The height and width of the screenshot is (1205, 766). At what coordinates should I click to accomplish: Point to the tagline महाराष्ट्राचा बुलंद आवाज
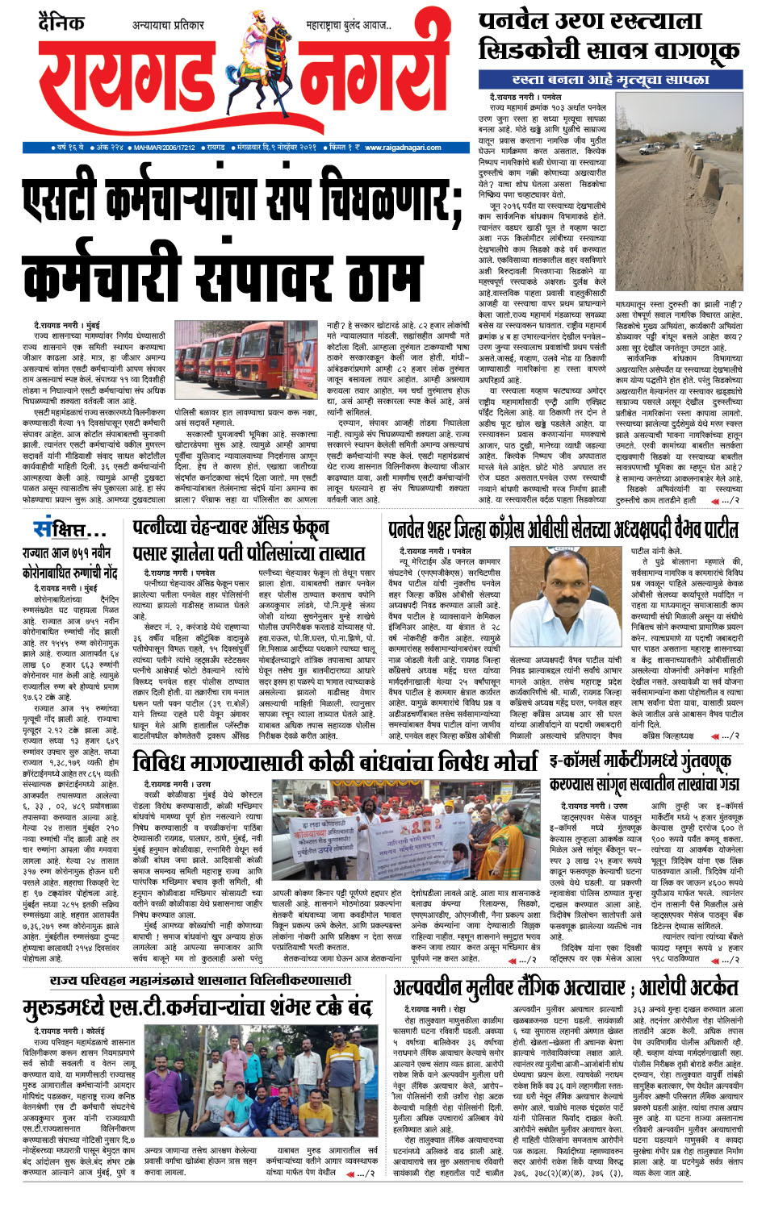(x=349, y=26)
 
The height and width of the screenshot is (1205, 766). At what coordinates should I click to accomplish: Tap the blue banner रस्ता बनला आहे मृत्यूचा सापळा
(x=611, y=79)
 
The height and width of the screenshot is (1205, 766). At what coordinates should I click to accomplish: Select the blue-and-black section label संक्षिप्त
(x=69, y=529)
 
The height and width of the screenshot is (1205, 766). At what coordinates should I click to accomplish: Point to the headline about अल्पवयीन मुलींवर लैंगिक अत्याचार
(x=568, y=988)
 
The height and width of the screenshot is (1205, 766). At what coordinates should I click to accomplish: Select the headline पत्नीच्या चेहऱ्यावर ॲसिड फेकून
(x=231, y=528)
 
